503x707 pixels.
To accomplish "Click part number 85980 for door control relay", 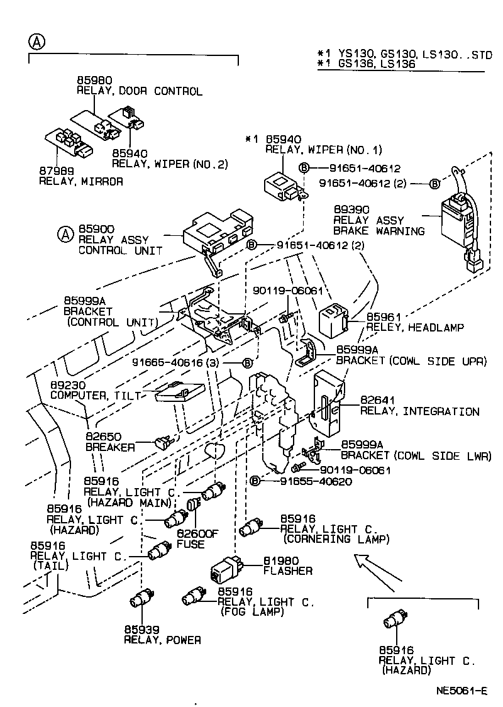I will pyautogui.click(x=94, y=81).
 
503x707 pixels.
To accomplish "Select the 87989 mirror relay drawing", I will pyautogui.click(x=69, y=143).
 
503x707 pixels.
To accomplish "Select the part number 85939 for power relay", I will pyautogui.click(x=141, y=629).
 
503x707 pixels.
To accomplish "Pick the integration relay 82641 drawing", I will pyautogui.click(x=329, y=403).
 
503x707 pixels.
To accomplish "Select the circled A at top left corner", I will pyautogui.click(x=37, y=42).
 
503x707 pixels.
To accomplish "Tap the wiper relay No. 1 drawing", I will pyautogui.click(x=281, y=184).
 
